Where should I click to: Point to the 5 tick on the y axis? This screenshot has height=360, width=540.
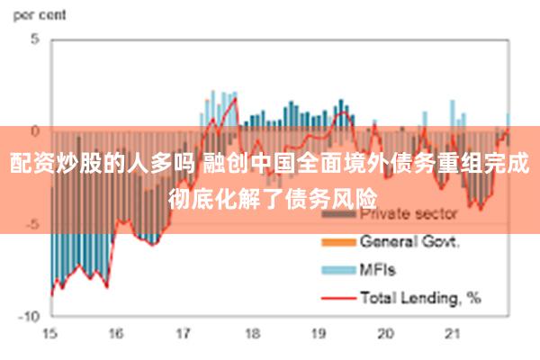(x=35, y=40)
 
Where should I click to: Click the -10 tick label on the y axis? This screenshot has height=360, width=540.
(x=30, y=317)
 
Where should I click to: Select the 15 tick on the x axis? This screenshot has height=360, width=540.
(x=50, y=333)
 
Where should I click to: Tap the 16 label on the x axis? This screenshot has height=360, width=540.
(x=115, y=333)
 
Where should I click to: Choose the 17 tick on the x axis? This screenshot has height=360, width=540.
(x=183, y=333)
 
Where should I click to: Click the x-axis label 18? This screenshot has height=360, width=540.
(x=250, y=333)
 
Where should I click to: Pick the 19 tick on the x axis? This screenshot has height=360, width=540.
(x=318, y=333)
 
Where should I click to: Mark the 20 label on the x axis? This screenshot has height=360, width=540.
(x=385, y=333)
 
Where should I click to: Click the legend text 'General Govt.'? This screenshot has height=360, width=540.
(x=409, y=242)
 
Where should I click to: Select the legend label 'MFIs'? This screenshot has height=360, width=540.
(x=378, y=268)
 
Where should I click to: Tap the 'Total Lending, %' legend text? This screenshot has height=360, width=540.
(x=419, y=295)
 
